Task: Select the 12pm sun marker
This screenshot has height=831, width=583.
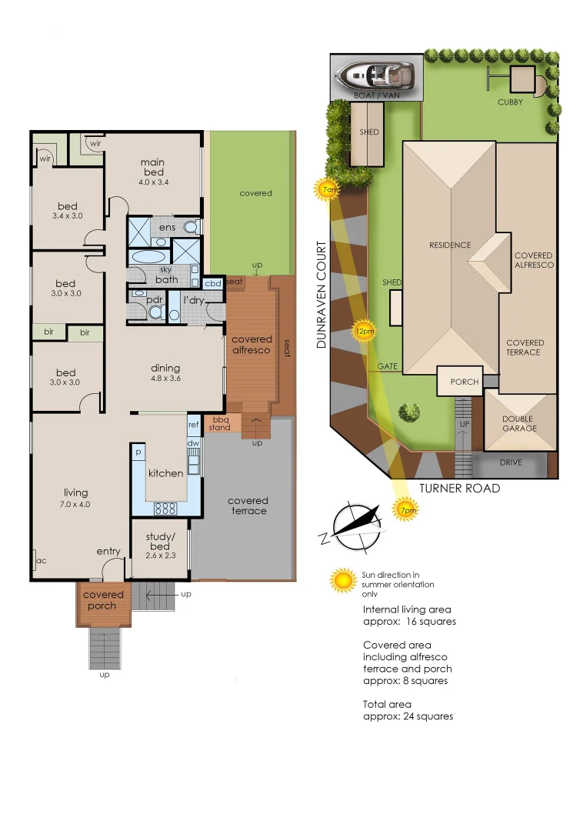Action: [364, 331]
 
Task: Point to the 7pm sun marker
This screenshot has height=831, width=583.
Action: [406, 509]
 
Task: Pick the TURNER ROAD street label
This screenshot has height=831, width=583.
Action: [459, 489]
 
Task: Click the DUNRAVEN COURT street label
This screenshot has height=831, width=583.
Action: [322, 295]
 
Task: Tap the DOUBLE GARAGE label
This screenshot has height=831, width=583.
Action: [520, 422]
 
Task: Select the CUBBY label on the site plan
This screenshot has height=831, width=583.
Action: [510, 102]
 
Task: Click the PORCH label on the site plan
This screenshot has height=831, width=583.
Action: [464, 382]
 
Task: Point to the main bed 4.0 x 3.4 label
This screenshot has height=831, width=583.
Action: [154, 172]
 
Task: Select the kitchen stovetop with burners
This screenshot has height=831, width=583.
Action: [165, 507]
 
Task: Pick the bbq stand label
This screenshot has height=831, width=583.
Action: [220, 423]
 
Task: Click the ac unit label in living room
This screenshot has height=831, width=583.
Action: [41, 560]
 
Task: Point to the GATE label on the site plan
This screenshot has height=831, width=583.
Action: [387, 366]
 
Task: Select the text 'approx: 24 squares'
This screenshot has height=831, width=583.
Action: [408, 716]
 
